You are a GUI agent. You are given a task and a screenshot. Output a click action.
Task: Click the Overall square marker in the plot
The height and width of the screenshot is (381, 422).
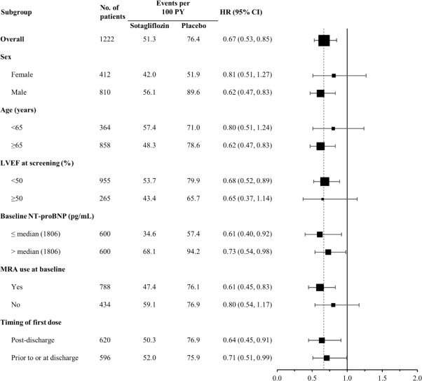click(x=324, y=40)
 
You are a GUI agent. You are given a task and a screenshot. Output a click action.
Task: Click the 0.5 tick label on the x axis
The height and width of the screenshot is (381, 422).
click(x=312, y=376)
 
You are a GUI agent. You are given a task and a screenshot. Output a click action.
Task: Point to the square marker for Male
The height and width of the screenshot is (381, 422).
click(x=320, y=93)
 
